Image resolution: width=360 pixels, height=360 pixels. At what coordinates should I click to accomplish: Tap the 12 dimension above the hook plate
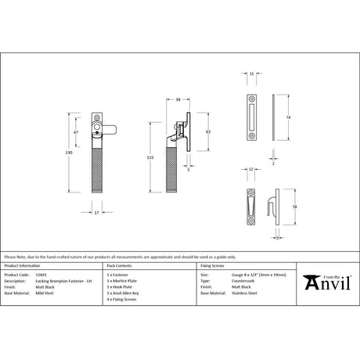[x=250, y=167]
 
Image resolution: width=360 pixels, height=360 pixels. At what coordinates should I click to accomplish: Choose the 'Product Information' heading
[x=23, y=267]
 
